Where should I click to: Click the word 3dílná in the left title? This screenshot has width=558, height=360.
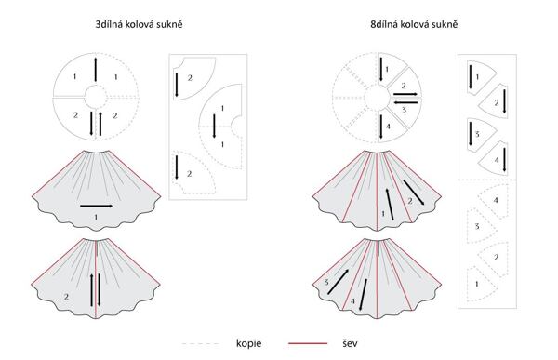(x=108, y=24)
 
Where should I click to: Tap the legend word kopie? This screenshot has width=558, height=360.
(x=248, y=343)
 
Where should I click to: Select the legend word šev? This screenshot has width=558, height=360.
(x=351, y=343)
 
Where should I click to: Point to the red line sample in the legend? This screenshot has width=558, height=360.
(x=308, y=343)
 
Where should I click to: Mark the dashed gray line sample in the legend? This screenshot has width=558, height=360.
(x=201, y=344)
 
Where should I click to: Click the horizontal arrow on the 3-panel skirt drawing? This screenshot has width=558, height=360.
(x=97, y=206)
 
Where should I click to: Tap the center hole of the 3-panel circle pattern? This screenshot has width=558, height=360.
(x=95, y=96)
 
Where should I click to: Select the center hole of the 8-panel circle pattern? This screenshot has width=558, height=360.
(x=377, y=96)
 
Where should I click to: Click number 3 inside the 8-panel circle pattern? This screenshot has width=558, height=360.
(x=404, y=110)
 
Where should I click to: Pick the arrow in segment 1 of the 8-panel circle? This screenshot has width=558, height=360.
(x=381, y=69)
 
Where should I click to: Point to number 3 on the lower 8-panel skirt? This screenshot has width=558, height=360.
(x=326, y=283)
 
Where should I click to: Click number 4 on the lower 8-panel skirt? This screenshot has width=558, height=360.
(x=352, y=301)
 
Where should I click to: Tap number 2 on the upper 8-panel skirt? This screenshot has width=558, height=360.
(x=410, y=201)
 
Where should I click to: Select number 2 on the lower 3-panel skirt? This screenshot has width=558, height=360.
(x=66, y=296)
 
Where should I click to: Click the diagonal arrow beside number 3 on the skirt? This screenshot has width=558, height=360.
(x=339, y=282)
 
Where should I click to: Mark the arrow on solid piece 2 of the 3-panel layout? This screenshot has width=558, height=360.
(x=177, y=85)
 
